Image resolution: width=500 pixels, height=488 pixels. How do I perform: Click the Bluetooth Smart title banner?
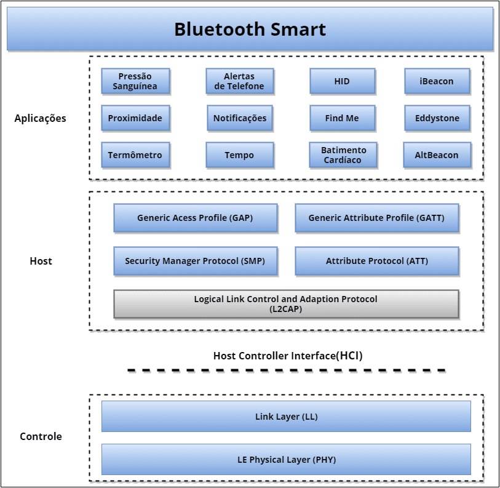coord(250,29)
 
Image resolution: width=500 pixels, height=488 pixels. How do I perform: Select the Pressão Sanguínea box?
coord(135,81)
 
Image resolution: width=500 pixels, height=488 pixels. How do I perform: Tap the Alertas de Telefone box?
coord(239,81)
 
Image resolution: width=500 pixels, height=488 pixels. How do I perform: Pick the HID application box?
coord(342,81)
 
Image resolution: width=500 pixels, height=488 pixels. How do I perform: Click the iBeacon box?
coord(437,81)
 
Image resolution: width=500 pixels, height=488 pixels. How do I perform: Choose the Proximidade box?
coord(135,118)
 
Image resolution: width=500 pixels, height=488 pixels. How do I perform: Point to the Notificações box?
coord(239,118)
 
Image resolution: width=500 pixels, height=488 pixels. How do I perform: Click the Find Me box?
coord(342,118)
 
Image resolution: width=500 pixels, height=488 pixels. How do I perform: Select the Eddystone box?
coord(437,118)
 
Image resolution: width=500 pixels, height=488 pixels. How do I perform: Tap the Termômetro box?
coord(135,155)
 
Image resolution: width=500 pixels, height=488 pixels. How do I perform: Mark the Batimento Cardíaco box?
coord(343,155)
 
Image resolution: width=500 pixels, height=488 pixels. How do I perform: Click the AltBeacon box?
coord(437,155)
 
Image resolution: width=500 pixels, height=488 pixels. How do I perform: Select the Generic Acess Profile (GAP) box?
coord(195,218)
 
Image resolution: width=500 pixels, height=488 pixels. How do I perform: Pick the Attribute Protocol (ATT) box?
coord(376,261)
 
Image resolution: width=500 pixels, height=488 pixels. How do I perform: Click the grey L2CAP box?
coord(286,304)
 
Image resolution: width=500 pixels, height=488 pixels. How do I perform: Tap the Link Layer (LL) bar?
coord(286,417)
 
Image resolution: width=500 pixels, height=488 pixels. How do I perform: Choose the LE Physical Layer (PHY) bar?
coord(286,460)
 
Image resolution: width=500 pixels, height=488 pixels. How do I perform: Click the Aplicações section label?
coord(41,118)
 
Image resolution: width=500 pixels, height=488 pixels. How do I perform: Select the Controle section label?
coord(41,436)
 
